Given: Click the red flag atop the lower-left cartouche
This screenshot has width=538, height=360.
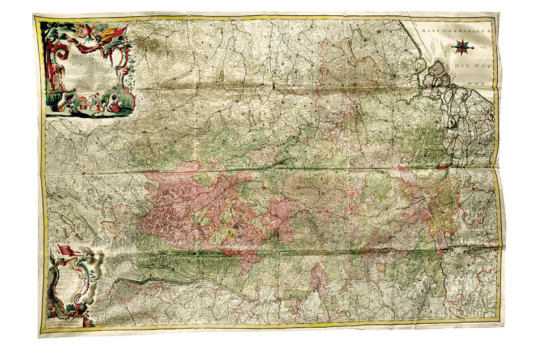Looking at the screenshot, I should [x=67, y=250].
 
